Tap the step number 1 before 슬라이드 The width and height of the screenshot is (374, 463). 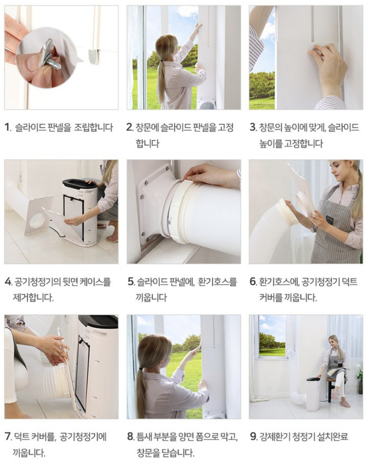8,127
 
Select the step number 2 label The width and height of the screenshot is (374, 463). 130,127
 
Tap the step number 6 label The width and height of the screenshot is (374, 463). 253,282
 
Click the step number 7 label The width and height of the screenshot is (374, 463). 8,436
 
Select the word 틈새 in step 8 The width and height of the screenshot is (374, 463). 144,436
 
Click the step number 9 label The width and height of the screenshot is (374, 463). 253,436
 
